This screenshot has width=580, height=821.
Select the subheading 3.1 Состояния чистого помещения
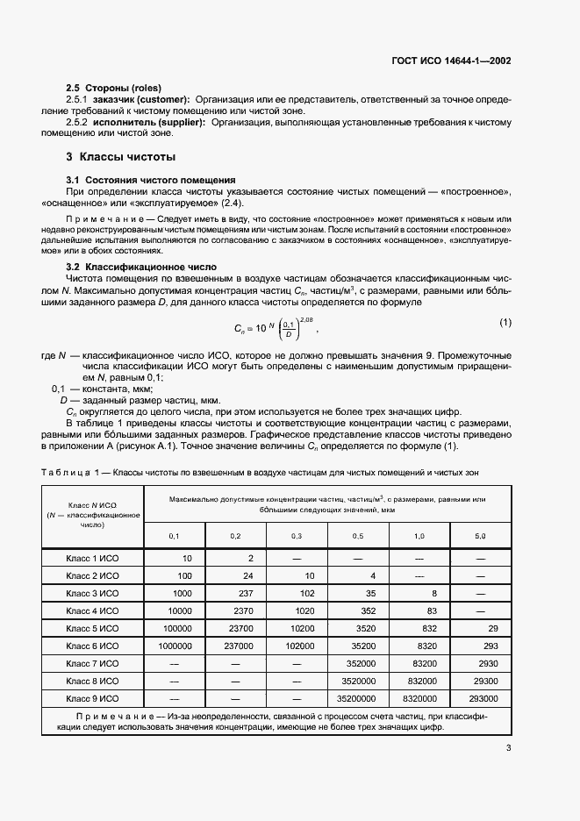point(139,179)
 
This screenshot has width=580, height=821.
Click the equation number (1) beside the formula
point(505,322)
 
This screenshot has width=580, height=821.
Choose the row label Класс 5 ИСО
point(92,628)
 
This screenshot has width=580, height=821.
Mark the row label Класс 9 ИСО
point(92,698)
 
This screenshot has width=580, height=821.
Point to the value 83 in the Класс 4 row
point(431,610)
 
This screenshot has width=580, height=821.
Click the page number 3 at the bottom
point(508,748)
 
